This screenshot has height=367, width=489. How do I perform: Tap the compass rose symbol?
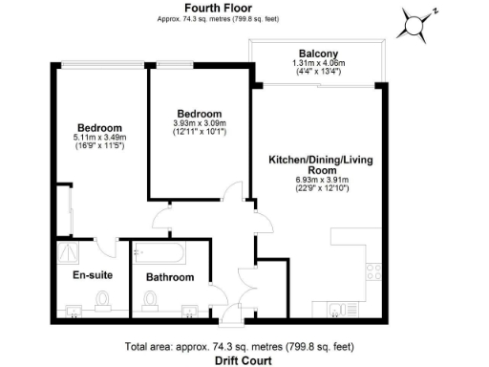click(x=415, y=25)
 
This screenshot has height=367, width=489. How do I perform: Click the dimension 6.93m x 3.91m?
click(x=313, y=179)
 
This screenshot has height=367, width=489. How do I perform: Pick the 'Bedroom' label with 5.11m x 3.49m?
click(x=99, y=128)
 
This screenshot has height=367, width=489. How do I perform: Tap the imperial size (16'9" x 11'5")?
click(x=99, y=149)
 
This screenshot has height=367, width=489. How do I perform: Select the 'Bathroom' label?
click(x=170, y=277)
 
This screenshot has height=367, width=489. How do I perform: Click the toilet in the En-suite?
click(x=103, y=302)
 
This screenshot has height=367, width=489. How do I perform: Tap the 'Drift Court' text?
click(x=244, y=360)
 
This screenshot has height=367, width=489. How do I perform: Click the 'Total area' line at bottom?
click(x=244, y=346)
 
